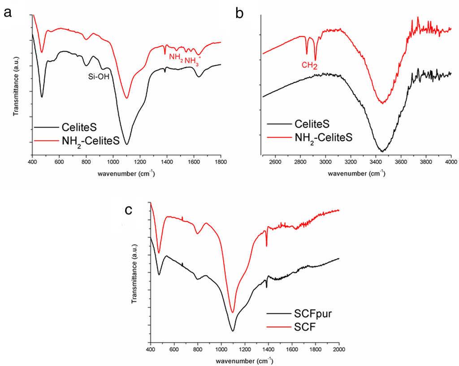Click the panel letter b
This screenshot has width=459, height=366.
pos(240,14)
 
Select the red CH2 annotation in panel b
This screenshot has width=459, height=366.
pos(309,66)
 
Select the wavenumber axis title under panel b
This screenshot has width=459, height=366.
pos(356,172)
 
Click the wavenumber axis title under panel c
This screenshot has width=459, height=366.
pos(245,360)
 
